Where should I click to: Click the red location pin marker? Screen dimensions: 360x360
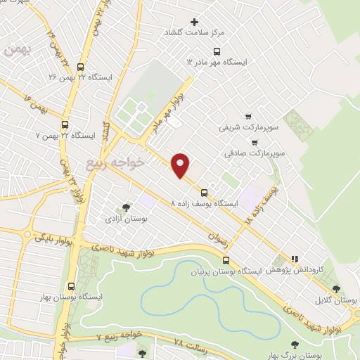(181, 165)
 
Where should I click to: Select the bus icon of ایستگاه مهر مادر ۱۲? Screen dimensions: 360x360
(216, 51)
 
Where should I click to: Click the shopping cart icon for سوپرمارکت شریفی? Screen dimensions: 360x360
(247, 116)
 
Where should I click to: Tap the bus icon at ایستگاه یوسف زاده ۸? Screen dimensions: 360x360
(204, 192)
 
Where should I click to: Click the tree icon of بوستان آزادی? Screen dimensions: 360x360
(126, 207)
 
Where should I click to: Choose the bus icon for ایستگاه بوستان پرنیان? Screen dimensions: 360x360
(225, 259)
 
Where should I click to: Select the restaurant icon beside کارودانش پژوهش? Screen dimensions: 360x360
(295, 258)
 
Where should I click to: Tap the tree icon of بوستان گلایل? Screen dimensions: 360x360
(337, 289)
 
